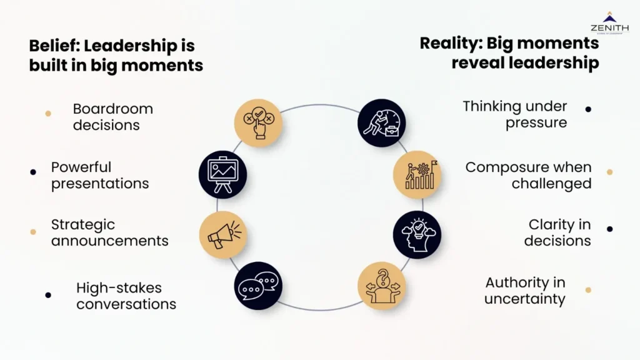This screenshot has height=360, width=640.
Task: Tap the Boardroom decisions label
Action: (112, 117)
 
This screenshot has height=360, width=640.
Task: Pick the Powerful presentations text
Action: (100, 175)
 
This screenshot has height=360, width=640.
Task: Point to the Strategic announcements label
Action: (109, 232)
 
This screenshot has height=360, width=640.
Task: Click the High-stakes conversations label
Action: (126, 296)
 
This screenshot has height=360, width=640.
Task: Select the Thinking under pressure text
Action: (514, 114)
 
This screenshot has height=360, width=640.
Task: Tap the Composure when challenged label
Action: (528, 175)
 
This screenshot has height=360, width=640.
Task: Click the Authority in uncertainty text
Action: (525, 291)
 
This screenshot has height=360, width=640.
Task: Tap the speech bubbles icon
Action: (257, 286)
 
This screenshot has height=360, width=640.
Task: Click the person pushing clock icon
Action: (381, 122)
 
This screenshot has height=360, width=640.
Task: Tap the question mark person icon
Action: (381, 286)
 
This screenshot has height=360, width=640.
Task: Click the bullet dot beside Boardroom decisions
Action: (48, 114)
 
